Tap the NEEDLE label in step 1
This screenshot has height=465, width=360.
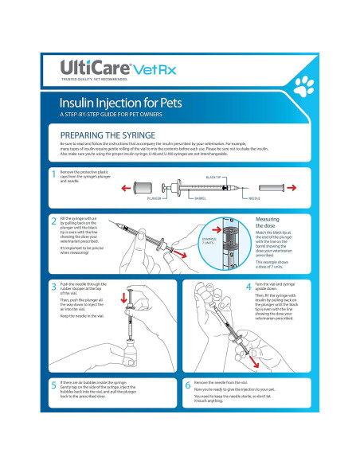256,197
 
